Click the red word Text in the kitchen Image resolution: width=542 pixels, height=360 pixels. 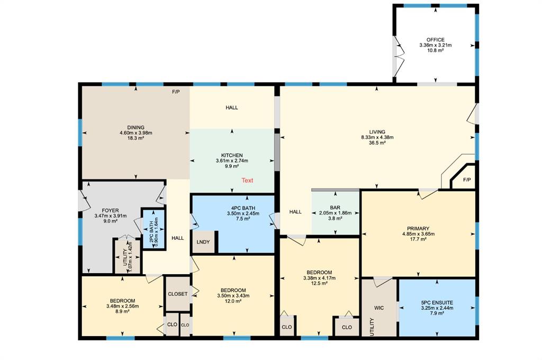click(247, 180)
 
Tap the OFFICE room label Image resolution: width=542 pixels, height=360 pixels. click(435, 40)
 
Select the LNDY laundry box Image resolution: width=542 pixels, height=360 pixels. click(204, 242)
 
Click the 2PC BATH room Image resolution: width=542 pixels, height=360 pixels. click(153, 228)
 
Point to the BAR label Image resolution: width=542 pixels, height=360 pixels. click(335, 208)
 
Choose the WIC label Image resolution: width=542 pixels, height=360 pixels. click(379, 308)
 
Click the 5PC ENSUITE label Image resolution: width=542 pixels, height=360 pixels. click(437, 303)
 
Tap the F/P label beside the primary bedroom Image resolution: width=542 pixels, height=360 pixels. click(467, 180)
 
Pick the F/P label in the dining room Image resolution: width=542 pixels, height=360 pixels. click(176, 92)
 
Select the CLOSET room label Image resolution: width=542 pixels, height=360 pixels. click(178, 294)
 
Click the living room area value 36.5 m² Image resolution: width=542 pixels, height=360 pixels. click(377, 142)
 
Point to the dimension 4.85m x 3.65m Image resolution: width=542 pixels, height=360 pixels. click(418, 234)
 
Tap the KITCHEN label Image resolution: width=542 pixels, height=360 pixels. click(232, 156)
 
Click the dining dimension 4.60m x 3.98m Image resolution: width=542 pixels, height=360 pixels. click(136, 133)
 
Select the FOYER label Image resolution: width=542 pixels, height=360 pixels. click(110, 211)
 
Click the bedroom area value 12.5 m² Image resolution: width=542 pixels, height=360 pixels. click(319, 283)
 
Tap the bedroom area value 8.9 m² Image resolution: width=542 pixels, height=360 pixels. click(122, 311)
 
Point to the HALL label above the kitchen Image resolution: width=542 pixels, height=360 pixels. click(232, 107)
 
